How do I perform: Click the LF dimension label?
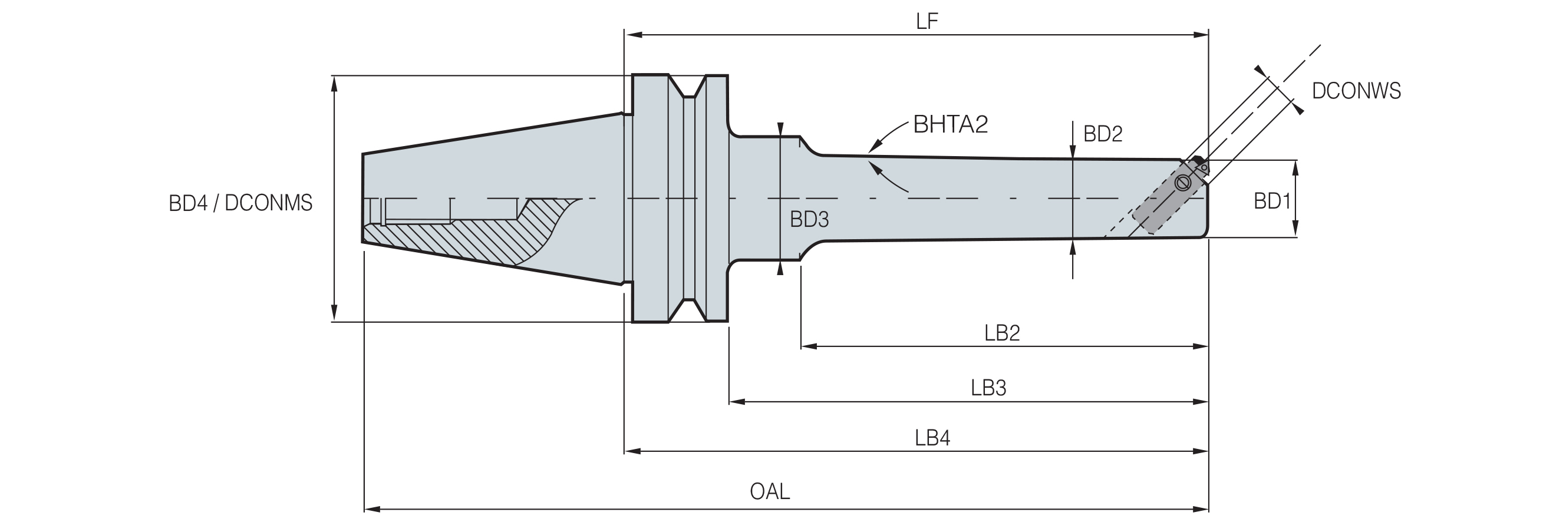(x=927, y=21)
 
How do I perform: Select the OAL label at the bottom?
(x=770, y=491)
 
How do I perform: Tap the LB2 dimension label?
(x=1002, y=332)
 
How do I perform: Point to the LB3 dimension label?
(x=988, y=387)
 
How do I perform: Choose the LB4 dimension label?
(x=932, y=438)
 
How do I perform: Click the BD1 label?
(x=1272, y=201)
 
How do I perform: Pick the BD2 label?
(x=1103, y=134)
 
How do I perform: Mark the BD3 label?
(x=809, y=219)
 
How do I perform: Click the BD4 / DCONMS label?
(x=240, y=203)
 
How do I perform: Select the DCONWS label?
(x=1356, y=91)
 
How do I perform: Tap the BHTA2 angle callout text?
(x=951, y=124)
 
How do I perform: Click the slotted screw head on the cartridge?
(x=1182, y=182)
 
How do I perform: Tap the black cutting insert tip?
(x=1199, y=160)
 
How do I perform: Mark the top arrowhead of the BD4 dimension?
(x=334, y=84)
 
